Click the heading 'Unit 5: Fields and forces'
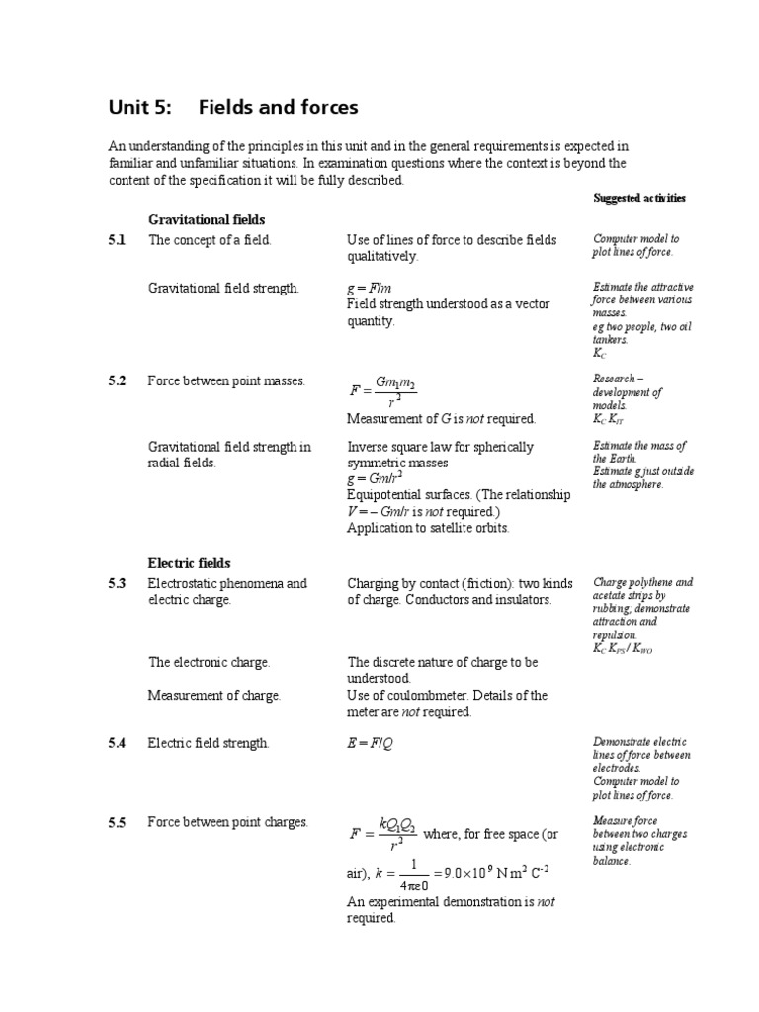233,107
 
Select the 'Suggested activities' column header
638,198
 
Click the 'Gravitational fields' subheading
207,218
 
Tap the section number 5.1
118,240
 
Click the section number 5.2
118,381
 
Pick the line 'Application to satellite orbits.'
428,527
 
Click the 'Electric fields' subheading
190,563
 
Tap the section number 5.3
118,583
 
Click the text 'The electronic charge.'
209,662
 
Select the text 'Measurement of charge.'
214,695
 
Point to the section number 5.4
118,743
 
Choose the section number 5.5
118,822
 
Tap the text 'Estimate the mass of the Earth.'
638,452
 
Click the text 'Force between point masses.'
226,381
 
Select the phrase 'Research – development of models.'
628,392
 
